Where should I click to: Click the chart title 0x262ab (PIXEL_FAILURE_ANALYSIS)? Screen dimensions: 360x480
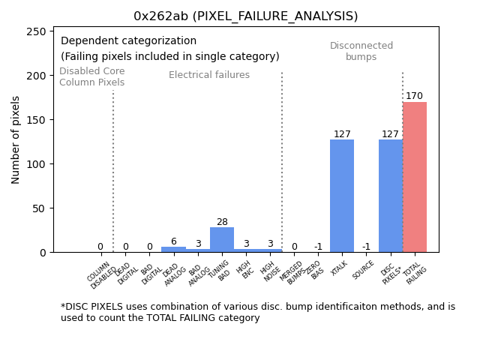245,16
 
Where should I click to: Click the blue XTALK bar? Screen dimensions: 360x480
342,196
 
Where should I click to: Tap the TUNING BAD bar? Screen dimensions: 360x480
222,240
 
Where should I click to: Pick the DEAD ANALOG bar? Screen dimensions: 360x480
173,250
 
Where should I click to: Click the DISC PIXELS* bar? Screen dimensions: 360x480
390,196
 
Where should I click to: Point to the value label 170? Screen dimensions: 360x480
414,96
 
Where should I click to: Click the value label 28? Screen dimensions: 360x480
222,222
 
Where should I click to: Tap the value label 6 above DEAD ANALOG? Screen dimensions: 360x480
173,241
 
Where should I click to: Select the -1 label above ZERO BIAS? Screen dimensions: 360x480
318,247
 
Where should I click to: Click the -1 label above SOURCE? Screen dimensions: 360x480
366,247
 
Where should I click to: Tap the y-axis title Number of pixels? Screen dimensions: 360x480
16,139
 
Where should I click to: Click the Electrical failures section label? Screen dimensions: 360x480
209,75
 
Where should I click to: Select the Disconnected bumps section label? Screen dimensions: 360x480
361,51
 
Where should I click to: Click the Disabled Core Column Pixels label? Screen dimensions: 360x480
92,76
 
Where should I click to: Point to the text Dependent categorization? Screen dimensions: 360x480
128,41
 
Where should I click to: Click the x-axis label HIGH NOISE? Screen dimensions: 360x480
268,269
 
